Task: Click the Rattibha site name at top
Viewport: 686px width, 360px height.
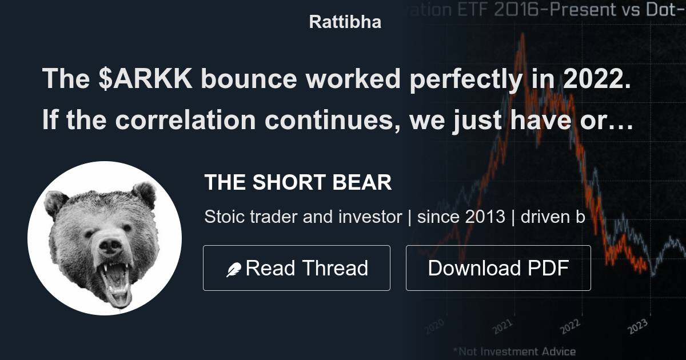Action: (x=345, y=22)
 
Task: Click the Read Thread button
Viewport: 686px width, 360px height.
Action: (x=296, y=268)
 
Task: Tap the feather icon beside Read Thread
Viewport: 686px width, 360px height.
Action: (x=234, y=269)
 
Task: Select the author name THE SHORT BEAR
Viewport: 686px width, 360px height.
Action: (x=298, y=183)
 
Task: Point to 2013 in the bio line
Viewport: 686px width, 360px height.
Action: (x=485, y=217)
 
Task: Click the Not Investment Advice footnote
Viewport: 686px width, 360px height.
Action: (x=514, y=351)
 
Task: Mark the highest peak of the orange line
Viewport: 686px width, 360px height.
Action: (x=522, y=35)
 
